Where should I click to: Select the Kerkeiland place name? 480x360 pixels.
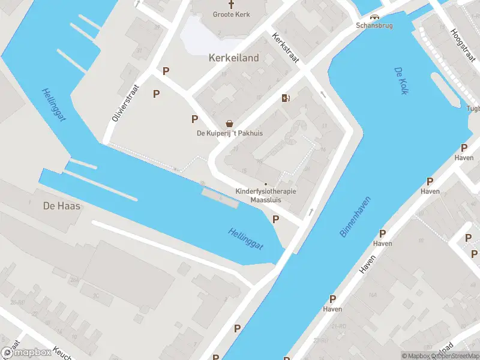(x=234, y=58)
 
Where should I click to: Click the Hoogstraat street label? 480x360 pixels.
(x=463, y=49)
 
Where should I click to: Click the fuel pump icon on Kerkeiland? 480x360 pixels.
(x=286, y=98)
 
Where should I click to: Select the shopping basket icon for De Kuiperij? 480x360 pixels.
(x=229, y=123)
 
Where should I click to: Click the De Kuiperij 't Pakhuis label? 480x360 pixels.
(x=230, y=133)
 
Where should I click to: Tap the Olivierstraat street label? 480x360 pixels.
(x=125, y=103)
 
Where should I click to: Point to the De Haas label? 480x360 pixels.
(x=62, y=206)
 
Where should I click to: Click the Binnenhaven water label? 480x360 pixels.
(x=356, y=217)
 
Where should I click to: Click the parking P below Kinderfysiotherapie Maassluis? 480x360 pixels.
(x=275, y=220)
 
